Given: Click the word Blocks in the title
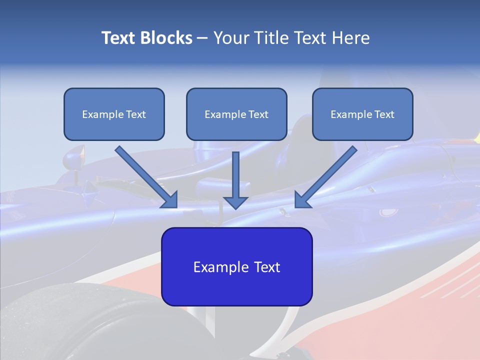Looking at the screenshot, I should click(x=165, y=38).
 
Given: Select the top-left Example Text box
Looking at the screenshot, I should click(x=114, y=114).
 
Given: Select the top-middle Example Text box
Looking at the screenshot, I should click(x=236, y=114).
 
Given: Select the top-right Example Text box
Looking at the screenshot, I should click(x=362, y=114).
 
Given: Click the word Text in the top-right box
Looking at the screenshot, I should click(x=384, y=114).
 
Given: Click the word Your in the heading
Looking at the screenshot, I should click(x=231, y=38).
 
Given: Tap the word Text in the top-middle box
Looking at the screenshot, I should click(x=258, y=114).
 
